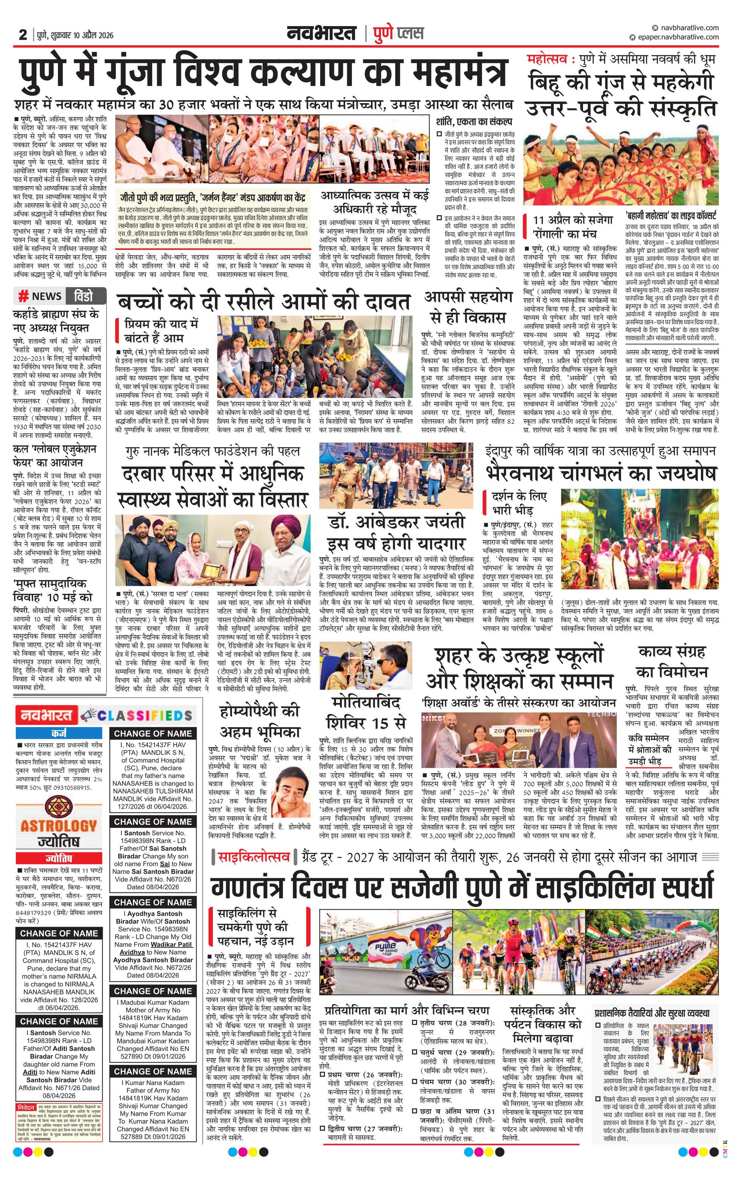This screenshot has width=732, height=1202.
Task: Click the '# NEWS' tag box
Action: point(40,296)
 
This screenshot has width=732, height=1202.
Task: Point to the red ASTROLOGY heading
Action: point(58,826)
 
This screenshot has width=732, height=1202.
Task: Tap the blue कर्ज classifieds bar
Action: point(59,733)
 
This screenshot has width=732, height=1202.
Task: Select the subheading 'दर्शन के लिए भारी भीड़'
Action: point(519,502)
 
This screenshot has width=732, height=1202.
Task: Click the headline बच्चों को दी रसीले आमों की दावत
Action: point(263,302)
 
